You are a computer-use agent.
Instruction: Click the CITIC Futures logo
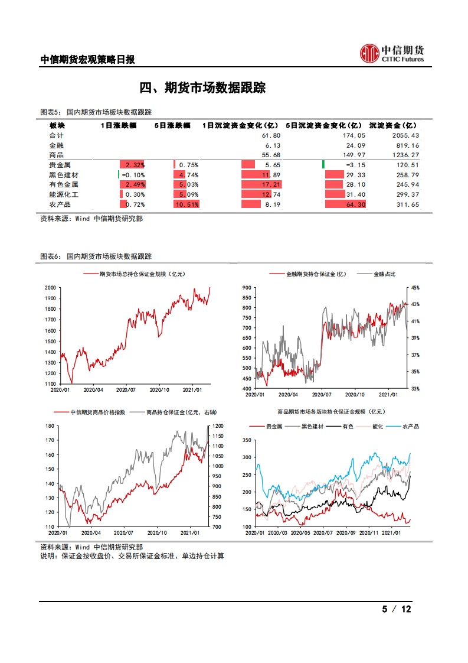click(x=392, y=53)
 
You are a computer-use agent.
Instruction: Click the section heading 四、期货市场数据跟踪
click(x=202, y=88)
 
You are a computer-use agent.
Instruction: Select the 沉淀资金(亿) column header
click(x=392, y=126)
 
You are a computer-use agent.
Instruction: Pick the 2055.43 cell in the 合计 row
click(x=405, y=136)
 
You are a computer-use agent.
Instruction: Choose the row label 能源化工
click(x=64, y=194)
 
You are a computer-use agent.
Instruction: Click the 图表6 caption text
click(x=96, y=256)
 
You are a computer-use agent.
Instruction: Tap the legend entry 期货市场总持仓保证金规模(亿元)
click(x=142, y=274)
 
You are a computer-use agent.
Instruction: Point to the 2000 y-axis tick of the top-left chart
click(x=50, y=288)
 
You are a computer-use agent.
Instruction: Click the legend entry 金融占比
click(x=384, y=274)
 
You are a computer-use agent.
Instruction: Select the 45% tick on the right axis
click(x=415, y=288)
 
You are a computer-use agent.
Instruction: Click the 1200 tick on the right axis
click(x=217, y=425)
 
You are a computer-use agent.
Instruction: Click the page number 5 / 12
click(x=397, y=609)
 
